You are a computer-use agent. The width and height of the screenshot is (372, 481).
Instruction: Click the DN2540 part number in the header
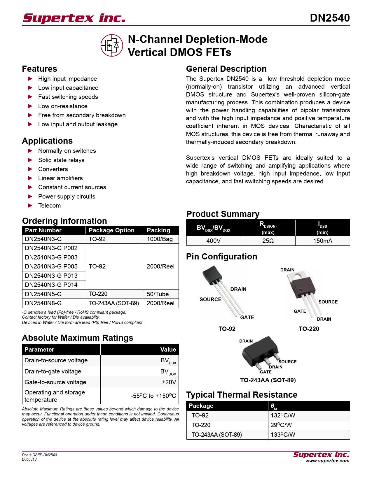pos(329,18)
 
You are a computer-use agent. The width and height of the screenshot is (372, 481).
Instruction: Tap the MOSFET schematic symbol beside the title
pos(112,45)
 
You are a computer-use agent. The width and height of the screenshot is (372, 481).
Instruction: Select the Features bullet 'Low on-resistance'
pos(63,106)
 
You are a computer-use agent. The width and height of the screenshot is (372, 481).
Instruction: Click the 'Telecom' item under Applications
pos(49,206)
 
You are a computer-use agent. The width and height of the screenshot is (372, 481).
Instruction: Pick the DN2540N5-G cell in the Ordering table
pos(43,294)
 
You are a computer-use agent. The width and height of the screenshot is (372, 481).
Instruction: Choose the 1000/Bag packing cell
pos(160,239)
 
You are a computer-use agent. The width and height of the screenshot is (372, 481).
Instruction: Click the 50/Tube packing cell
pos(158,294)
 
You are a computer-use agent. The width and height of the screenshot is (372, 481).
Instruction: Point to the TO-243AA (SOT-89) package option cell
pos(114,303)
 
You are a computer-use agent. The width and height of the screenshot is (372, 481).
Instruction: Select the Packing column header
pos(158,230)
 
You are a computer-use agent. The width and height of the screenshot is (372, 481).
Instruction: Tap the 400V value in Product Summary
pos(213,241)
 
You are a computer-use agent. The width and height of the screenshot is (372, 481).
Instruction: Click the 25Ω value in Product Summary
pos(268,241)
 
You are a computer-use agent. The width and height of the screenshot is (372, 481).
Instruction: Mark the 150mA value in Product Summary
pos(322,241)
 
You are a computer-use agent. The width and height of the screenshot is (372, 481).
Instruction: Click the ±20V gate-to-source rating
pos(169,382)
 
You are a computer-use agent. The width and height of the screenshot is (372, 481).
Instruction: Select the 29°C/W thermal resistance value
pos(281,425)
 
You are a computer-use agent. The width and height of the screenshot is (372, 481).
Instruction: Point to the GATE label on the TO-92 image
pos(247,317)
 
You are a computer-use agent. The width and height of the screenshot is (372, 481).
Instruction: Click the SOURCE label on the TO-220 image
pos(328,302)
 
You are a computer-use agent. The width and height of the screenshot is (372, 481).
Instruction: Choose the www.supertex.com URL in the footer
pos(327,461)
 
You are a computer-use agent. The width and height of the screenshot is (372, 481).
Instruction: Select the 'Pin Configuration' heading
pos(221,257)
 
